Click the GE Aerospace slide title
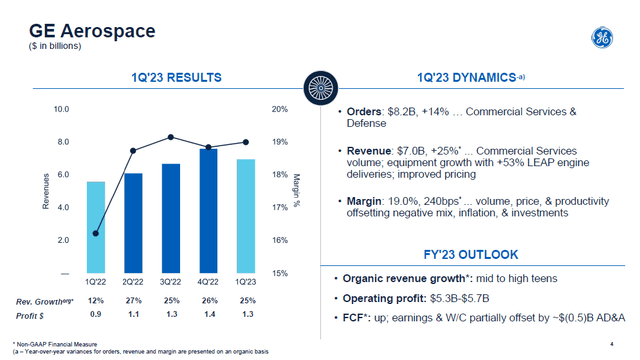(x=85, y=31)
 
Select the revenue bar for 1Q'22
(x=96, y=226)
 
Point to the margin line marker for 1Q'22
(x=96, y=234)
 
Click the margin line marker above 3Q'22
(x=171, y=137)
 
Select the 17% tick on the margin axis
(x=280, y=207)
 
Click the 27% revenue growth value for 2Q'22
(x=133, y=301)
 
